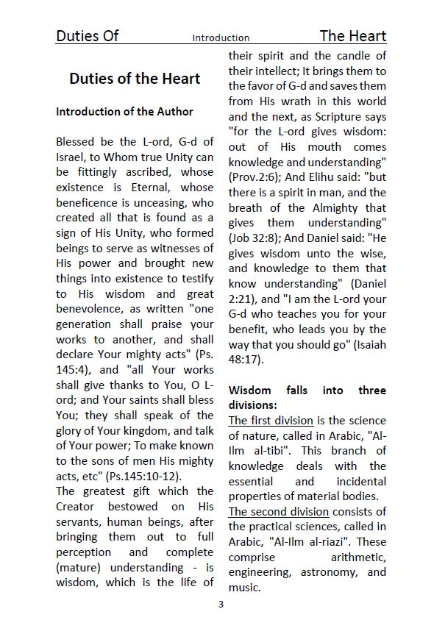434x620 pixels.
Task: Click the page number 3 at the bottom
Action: pyautogui.click(x=221, y=605)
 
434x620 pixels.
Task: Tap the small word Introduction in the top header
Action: pyautogui.click(x=221, y=38)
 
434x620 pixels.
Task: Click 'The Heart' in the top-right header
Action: pyautogui.click(x=352, y=36)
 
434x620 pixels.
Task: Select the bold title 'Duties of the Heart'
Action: pyautogui.click(x=135, y=79)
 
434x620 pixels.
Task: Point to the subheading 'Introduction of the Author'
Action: pyautogui.click(x=125, y=112)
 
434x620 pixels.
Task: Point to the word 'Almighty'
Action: pyautogui.click(x=337, y=208)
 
